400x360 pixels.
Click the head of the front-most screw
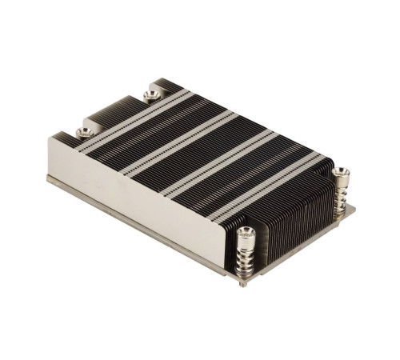(246, 233)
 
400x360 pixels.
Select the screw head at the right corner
(341, 172)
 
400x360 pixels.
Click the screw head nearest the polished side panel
(83, 132)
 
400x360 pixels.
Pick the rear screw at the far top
(151, 95)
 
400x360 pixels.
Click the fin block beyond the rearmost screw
(169, 84)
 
